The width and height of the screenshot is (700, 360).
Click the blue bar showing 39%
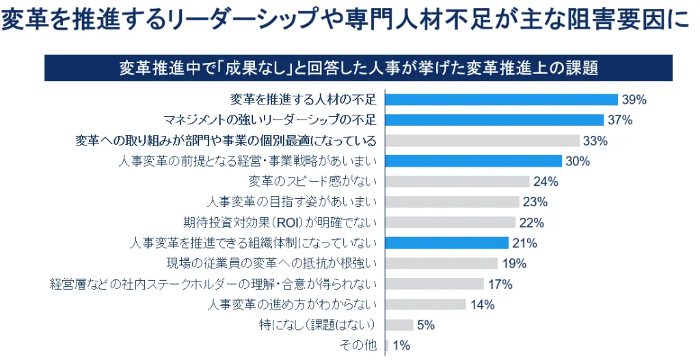tap(502, 100)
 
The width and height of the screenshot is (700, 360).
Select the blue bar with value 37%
tap(495, 120)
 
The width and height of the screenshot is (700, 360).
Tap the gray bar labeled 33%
tap(483, 141)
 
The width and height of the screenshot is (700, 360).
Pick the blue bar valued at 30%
tap(474, 161)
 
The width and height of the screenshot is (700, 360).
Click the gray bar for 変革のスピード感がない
tap(457, 182)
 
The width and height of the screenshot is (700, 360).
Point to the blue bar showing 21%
tap(447, 243)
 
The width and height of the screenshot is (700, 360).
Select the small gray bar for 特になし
tap(400, 325)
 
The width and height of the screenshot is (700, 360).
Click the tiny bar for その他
tap(387, 346)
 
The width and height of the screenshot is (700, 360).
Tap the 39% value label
tap(634, 100)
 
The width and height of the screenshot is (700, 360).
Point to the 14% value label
tap(482, 305)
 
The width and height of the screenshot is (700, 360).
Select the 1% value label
tap(401, 346)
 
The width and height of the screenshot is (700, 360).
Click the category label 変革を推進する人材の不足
tap(304, 100)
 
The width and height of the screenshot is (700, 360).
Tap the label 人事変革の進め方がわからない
tap(292, 305)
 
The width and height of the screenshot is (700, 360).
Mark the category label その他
tap(359, 346)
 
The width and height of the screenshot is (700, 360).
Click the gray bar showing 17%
tap(435, 284)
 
